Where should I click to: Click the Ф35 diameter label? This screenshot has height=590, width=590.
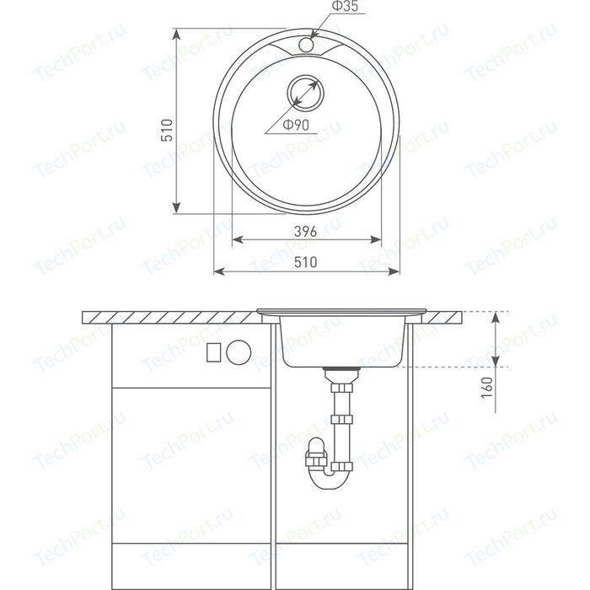point(345,7)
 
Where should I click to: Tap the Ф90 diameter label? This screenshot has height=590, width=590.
point(296,125)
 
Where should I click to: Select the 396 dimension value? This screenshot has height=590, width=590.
point(305,232)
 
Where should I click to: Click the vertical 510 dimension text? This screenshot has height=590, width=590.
point(167,130)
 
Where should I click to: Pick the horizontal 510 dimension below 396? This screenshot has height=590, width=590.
point(305,262)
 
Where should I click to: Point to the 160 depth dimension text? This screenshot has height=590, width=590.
point(487,387)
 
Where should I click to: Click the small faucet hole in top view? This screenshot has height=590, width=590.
point(306,44)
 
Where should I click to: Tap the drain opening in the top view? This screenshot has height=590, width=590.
point(305,93)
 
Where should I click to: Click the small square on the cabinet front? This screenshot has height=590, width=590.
point(214,352)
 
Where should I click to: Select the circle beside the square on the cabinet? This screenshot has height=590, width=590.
point(239,352)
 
